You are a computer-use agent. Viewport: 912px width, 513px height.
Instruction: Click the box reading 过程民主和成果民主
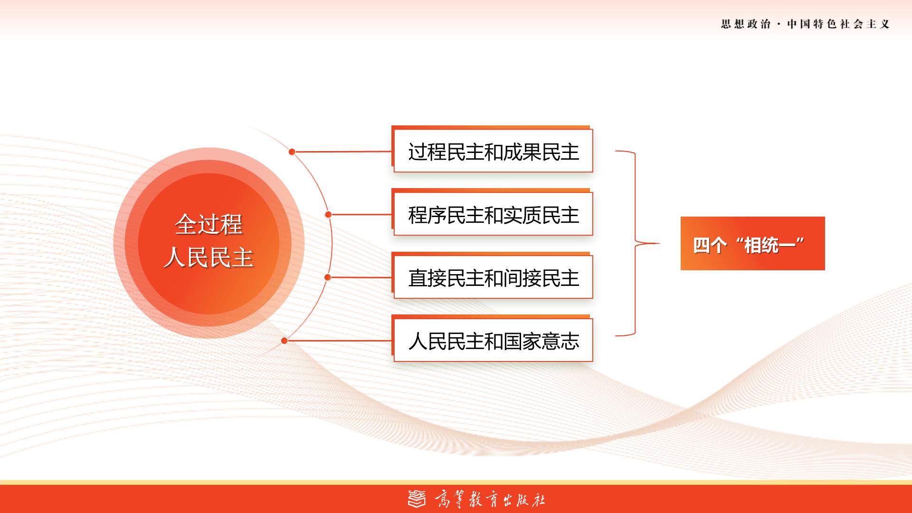(x=493, y=150)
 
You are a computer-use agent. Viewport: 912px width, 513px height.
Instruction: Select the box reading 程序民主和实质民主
(x=493, y=213)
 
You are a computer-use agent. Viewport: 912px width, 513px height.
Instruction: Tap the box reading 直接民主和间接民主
(x=493, y=276)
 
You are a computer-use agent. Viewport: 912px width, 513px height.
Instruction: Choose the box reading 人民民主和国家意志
(x=493, y=339)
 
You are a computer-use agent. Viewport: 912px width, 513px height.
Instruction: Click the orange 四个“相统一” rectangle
(x=752, y=243)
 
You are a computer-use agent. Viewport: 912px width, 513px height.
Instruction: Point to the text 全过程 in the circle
(x=209, y=224)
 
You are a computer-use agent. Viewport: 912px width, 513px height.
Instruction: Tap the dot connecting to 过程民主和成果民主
(x=292, y=152)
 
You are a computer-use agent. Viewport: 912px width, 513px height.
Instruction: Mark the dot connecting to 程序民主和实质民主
(x=328, y=215)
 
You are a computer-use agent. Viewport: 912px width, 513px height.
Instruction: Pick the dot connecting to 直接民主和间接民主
(x=327, y=277)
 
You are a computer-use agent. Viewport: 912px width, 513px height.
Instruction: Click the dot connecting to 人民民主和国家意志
(x=284, y=341)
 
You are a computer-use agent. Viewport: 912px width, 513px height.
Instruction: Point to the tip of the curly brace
(x=660, y=243)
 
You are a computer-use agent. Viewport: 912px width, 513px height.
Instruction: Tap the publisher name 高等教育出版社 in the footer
(x=490, y=500)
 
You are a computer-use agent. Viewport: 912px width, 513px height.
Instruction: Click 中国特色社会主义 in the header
(x=838, y=24)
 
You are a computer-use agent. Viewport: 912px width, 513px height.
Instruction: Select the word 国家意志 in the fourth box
(x=541, y=342)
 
